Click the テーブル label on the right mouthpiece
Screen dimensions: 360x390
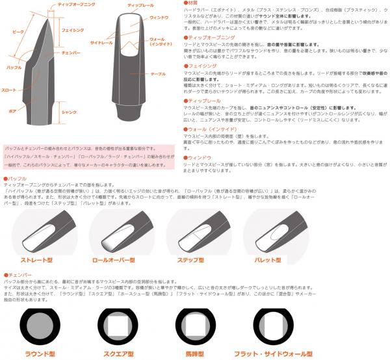(x=159, y=73)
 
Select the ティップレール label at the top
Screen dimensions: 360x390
(x=141, y=6)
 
